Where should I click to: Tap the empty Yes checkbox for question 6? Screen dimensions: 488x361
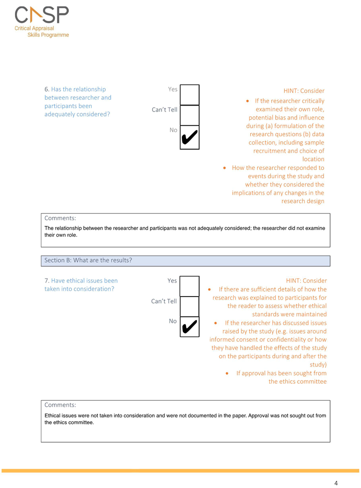pyautogui.click(x=189, y=95)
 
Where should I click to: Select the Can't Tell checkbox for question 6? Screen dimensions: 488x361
pyautogui.click(x=189, y=115)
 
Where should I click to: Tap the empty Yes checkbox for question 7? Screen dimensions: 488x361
pyautogui.click(x=189, y=286)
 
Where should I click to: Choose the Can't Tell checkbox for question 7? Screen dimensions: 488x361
pyautogui.click(x=189, y=307)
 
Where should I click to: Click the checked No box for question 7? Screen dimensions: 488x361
pyautogui.click(x=189, y=327)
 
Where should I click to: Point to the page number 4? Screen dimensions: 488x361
pyautogui.click(x=336, y=483)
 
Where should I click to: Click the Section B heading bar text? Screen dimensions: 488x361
pyautogui.click(x=88, y=260)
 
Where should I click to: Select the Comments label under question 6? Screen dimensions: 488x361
pyautogui.click(x=60, y=218)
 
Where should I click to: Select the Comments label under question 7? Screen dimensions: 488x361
pyautogui.click(x=60, y=405)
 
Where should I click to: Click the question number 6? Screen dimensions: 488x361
pyautogui.click(x=47, y=89)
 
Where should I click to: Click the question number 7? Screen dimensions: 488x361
pyautogui.click(x=47, y=281)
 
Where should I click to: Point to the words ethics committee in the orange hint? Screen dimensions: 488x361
pyautogui.click(x=298, y=382)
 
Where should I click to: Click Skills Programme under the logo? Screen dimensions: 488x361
pyautogui.click(x=48, y=35)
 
